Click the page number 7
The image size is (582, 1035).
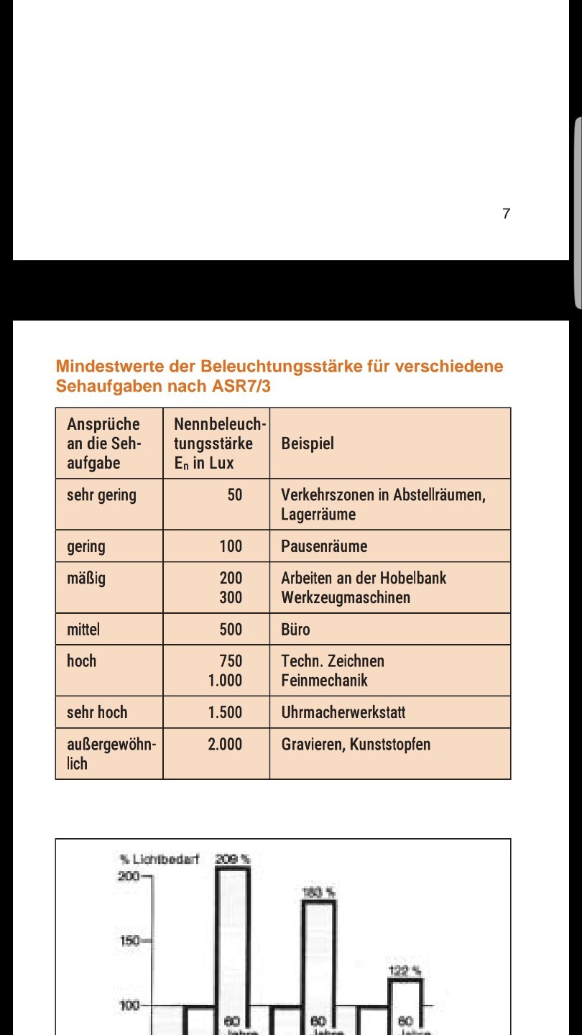click(x=507, y=213)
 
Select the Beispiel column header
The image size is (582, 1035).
click(x=308, y=443)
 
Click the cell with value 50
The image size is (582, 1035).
click(x=235, y=494)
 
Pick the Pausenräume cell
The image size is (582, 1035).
click(x=324, y=546)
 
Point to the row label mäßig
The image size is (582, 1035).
click(x=86, y=578)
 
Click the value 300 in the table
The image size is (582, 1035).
click(x=231, y=597)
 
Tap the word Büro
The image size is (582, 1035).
click(x=295, y=630)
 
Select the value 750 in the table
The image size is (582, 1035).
click(x=231, y=661)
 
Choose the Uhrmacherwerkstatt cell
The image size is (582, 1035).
click(x=343, y=712)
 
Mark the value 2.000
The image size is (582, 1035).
click(x=225, y=744)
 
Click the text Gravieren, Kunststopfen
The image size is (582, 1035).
click(x=356, y=744)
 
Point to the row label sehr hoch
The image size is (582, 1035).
click(x=97, y=712)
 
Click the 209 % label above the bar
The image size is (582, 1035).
click(x=232, y=858)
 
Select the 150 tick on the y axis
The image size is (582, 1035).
click(x=130, y=940)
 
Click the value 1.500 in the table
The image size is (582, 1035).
click(x=225, y=712)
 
